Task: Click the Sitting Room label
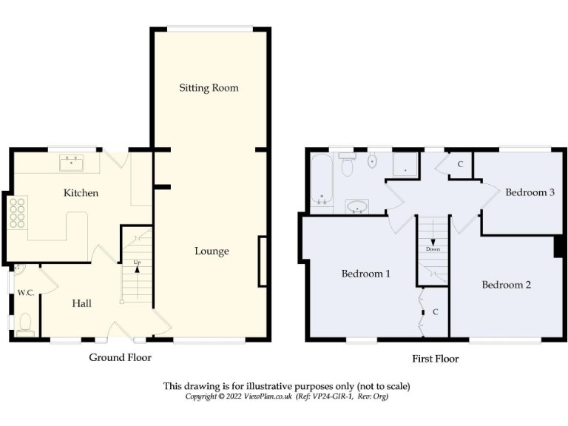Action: click(x=209, y=88)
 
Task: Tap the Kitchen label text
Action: click(x=81, y=193)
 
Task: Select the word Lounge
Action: click(x=212, y=251)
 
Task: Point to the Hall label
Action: click(x=81, y=303)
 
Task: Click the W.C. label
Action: click(x=26, y=293)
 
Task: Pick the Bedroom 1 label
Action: click(x=365, y=274)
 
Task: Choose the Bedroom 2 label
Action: click(x=507, y=285)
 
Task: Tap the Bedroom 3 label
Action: click(x=530, y=192)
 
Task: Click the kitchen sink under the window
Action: click(x=72, y=160)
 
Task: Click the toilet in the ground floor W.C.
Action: click(x=26, y=323)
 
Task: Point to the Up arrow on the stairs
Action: click(x=137, y=267)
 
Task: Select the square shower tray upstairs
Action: click(x=405, y=166)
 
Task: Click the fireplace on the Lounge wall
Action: click(x=262, y=260)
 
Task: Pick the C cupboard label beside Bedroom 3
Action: click(x=460, y=164)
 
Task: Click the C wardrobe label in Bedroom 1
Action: click(x=435, y=312)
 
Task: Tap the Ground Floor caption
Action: click(x=120, y=358)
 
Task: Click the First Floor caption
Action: click(x=435, y=359)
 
